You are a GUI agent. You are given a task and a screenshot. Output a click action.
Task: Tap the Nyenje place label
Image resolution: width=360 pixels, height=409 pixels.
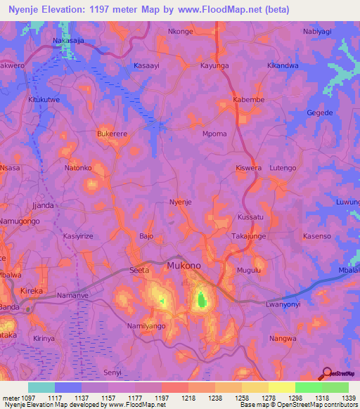[x=181, y=202]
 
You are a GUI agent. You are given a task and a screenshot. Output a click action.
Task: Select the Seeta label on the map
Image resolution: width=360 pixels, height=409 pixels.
[x=140, y=270]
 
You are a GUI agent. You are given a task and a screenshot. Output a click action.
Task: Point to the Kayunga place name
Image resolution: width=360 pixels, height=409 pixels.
[x=214, y=65]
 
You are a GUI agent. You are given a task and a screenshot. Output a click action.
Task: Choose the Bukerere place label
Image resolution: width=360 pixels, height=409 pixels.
[x=112, y=133]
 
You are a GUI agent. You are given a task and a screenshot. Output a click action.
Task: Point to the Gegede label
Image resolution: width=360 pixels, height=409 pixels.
[x=320, y=112]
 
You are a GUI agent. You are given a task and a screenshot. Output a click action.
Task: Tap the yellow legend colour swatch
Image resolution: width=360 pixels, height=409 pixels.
[x=281, y=387]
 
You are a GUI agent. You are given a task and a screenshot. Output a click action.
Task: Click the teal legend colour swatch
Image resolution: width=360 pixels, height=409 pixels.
[x=41, y=387]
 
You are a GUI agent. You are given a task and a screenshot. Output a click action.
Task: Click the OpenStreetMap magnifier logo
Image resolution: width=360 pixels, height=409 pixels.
[x=326, y=374]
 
